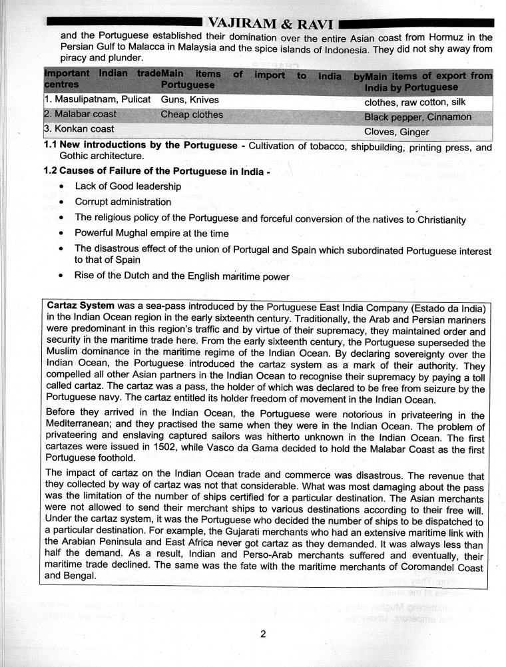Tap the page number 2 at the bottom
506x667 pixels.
pos(264,634)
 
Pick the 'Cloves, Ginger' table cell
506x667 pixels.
pos(397,132)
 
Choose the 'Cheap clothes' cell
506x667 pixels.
pos(192,114)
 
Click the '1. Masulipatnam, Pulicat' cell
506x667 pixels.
pos(98,100)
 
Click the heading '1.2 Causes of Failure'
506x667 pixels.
pos(106,170)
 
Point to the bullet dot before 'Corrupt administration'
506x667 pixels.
pos(62,202)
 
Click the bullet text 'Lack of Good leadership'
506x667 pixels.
pos(128,186)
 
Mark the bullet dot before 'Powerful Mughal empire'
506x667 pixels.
pos(62,234)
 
